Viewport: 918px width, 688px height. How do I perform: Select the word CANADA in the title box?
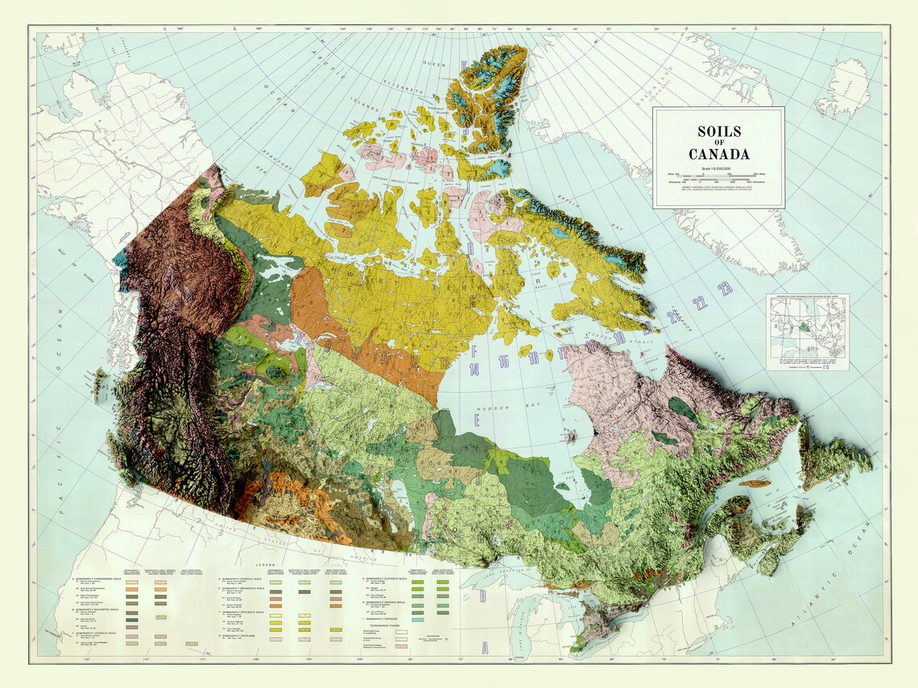pos(718,154)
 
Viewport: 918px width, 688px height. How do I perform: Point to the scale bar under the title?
pos(718,175)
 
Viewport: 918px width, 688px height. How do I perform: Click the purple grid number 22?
pos(701,303)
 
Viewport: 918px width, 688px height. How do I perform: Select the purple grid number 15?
pos(503,361)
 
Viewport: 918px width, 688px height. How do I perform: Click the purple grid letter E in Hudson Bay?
pos(477,421)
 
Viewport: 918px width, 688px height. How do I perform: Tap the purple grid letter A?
pos(484,649)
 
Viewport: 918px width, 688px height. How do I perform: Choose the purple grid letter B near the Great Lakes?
pos(482,596)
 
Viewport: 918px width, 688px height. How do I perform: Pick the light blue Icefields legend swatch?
pos(417,620)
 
